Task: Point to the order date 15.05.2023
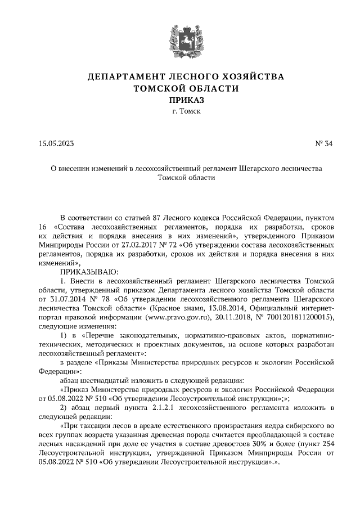(x=56, y=143)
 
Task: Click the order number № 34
(x=324, y=143)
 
